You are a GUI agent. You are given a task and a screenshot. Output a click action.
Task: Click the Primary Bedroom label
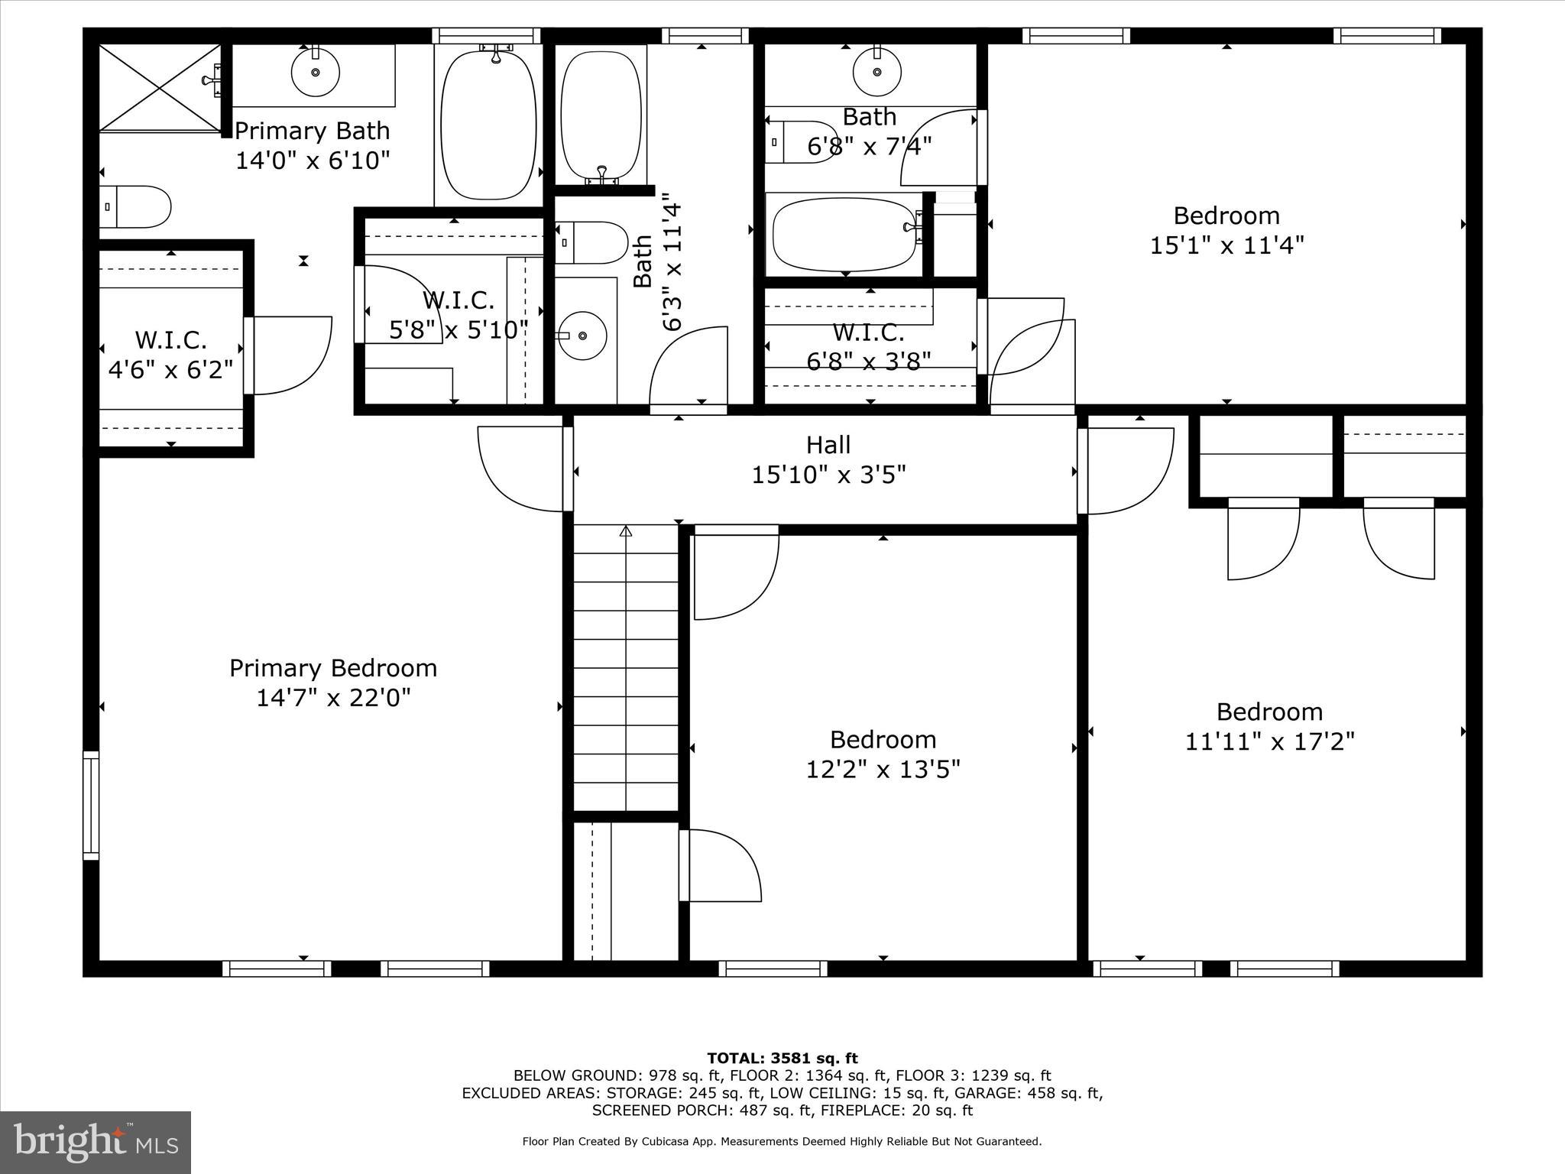pyautogui.click(x=333, y=668)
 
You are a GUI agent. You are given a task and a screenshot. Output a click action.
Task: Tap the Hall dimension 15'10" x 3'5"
pyautogui.click(x=828, y=475)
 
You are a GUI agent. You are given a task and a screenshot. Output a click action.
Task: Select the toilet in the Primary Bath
pyautogui.click(x=135, y=206)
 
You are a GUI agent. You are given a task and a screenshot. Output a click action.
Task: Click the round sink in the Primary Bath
pyautogui.click(x=315, y=73)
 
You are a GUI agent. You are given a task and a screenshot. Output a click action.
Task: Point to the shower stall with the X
pyautogui.click(x=160, y=87)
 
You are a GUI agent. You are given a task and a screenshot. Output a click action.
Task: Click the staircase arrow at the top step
pyautogui.click(x=626, y=530)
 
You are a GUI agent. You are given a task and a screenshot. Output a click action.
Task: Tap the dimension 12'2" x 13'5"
pyautogui.click(x=883, y=769)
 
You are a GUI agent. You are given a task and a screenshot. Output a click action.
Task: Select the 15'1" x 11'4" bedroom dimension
pyautogui.click(x=1226, y=245)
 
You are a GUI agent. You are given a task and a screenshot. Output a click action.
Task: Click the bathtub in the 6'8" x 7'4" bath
pyautogui.click(x=844, y=235)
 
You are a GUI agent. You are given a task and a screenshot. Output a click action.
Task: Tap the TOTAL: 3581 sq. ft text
pyautogui.click(x=782, y=1059)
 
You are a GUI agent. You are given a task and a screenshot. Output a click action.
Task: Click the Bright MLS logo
pyautogui.click(x=96, y=1143)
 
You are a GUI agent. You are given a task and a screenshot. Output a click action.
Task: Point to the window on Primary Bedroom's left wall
pyautogui.click(x=91, y=805)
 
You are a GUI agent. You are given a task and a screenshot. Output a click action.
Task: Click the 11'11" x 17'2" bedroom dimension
pyautogui.click(x=1269, y=741)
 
